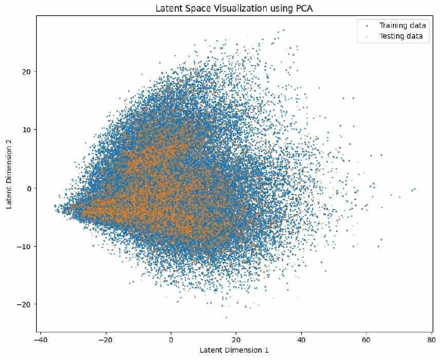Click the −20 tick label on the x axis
(x=105, y=338)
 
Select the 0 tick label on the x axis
(x=171, y=338)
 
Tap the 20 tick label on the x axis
(x=236, y=338)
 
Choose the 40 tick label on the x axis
(x=302, y=338)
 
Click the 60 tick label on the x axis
(x=367, y=338)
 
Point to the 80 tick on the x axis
(x=431, y=338)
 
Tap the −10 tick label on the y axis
(x=26, y=246)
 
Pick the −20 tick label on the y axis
(x=26, y=304)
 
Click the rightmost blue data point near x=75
(x=415, y=189)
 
